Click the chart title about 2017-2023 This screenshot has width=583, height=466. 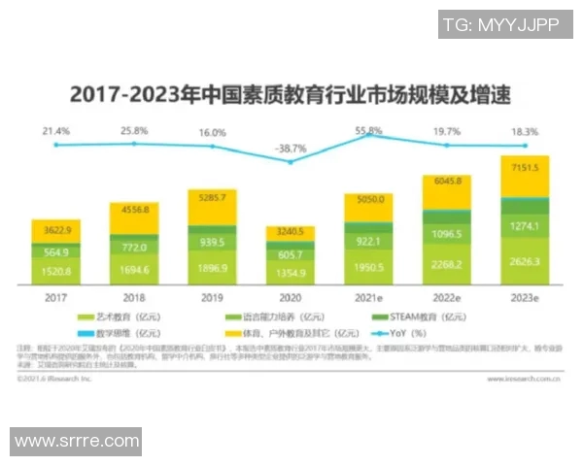coord(289,96)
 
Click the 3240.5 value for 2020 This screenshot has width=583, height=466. coord(290,233)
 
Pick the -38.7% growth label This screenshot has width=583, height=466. coord(289,149)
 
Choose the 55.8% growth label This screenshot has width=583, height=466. coord(368,130)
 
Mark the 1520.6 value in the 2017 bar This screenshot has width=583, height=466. coord(56,272)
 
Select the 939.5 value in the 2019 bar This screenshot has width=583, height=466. coord(212,243)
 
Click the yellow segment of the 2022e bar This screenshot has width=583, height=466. coord(445,194)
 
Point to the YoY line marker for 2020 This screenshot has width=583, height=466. coord(290,161)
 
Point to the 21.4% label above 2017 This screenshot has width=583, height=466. coord(55,130)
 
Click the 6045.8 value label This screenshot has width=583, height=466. coord(445,181)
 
